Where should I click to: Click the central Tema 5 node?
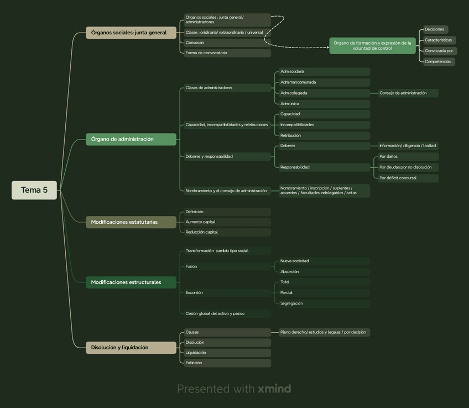point(34,190)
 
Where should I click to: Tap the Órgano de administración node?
point(131,139)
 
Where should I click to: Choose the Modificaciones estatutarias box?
point(131,222)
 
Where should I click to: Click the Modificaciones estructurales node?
point(131,282)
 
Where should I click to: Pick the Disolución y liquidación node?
point(131,348)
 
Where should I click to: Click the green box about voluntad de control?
point(372,45)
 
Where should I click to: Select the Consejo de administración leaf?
point(408,93)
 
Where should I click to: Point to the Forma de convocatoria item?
point(227,53)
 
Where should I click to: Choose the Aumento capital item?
point(227,222)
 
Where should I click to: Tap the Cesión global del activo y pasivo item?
point(227,313)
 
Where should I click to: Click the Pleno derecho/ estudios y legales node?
point(324,332)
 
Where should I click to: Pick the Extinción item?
point(227,363)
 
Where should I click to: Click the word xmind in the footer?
point(274,389)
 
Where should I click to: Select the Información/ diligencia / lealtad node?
point(408,146)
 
